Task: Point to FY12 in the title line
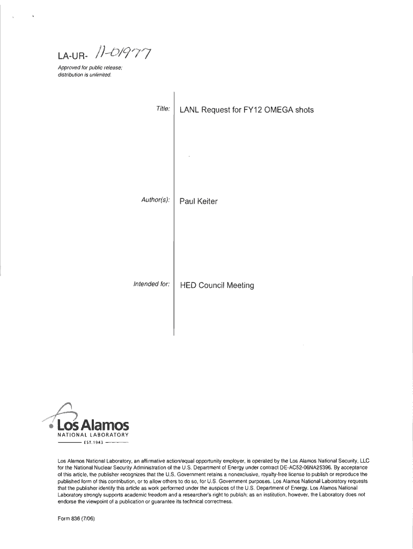[245, 110]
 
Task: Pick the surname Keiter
[207, 202]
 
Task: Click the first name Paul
[187, 202]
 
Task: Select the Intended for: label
[152, 284]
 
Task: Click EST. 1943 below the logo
[93, 443]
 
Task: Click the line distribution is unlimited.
[81, 75]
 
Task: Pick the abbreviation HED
[188, 285]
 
